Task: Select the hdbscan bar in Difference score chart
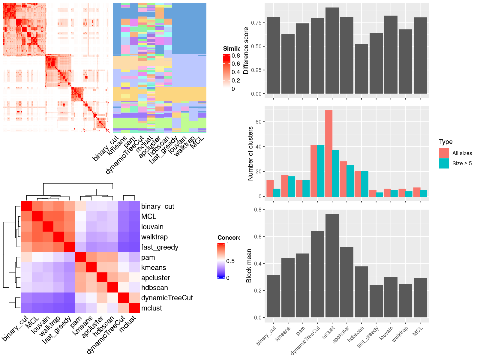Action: pyautogui.click(x=361, y=69)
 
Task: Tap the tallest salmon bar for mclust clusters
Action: pyautogui.click(x=328, y=153)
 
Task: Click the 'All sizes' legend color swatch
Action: pyautogui.click(x=444, y=153)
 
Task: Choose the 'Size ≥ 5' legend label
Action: pyautogui.click(x=462, y=163)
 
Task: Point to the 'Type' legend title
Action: pyautogui.click(x=445, y=142)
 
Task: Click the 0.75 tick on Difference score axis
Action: pyautogui.click(x=256, y=23)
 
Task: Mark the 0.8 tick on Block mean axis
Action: pyautogui.click(x=258, y=210)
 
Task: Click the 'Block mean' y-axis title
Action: pyautogui.click(x=249, y=265)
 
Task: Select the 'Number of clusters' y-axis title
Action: pyautogui.click(x=250, y=153)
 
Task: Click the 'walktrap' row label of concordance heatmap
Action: pyautogui.click(x=154, y=237)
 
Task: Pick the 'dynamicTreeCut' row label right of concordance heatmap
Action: pyautogui.click(x=167, y=298)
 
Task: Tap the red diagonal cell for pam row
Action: pyautogui.click(x=80, y=257)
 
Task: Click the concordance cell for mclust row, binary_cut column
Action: pyautogui.click(x=26, y=308)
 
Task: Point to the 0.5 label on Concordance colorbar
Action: pyautogui.click(x=230, y=261)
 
